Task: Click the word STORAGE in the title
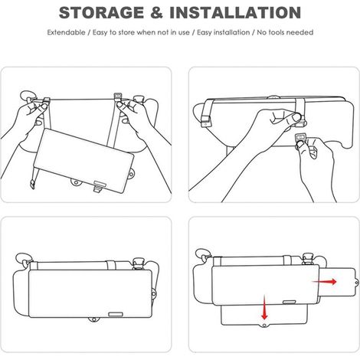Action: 101,12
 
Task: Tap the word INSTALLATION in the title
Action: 235,12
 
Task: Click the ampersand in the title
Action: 156,12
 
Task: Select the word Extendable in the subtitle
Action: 66,32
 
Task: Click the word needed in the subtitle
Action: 300,32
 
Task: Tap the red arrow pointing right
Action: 325,282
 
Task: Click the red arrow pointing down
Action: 264,308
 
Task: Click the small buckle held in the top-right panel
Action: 300,137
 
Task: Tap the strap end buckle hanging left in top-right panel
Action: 205,121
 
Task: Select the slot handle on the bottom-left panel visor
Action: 116,314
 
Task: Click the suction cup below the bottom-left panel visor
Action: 94,320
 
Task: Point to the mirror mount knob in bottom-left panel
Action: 139,263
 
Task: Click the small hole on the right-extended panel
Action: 356,283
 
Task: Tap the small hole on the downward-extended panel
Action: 264,326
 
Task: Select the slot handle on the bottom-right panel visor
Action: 290,303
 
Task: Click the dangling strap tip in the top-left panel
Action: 32,184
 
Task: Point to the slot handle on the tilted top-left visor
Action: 100,183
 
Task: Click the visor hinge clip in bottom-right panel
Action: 308,259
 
